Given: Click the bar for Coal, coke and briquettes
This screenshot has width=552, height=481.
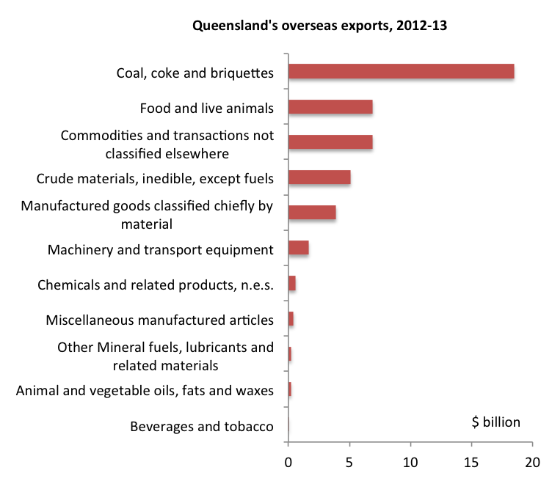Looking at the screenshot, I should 401,71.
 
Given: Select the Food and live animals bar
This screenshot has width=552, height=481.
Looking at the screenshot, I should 330,107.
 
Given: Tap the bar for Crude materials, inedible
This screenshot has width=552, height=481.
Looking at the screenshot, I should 319,177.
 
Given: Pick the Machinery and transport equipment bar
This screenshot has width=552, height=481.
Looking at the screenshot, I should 299,248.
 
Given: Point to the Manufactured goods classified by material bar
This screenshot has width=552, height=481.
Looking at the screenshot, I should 312,213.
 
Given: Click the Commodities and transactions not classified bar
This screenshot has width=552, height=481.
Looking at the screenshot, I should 330,142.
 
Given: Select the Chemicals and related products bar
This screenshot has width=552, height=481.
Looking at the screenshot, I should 292,284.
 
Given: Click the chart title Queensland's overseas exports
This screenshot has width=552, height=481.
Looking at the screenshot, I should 320,26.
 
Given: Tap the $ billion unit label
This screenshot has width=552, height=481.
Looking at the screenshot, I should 495,422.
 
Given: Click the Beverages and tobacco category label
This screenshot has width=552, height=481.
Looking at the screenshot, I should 202,427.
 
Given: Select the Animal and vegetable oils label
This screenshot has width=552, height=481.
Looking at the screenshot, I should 145,391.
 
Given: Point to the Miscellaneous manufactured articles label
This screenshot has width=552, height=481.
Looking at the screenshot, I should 159,320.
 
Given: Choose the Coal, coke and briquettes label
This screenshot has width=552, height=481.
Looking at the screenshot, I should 195,73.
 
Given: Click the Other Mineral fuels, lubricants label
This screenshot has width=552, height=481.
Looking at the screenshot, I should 166,356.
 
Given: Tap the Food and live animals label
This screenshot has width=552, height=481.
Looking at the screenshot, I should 207,109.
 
